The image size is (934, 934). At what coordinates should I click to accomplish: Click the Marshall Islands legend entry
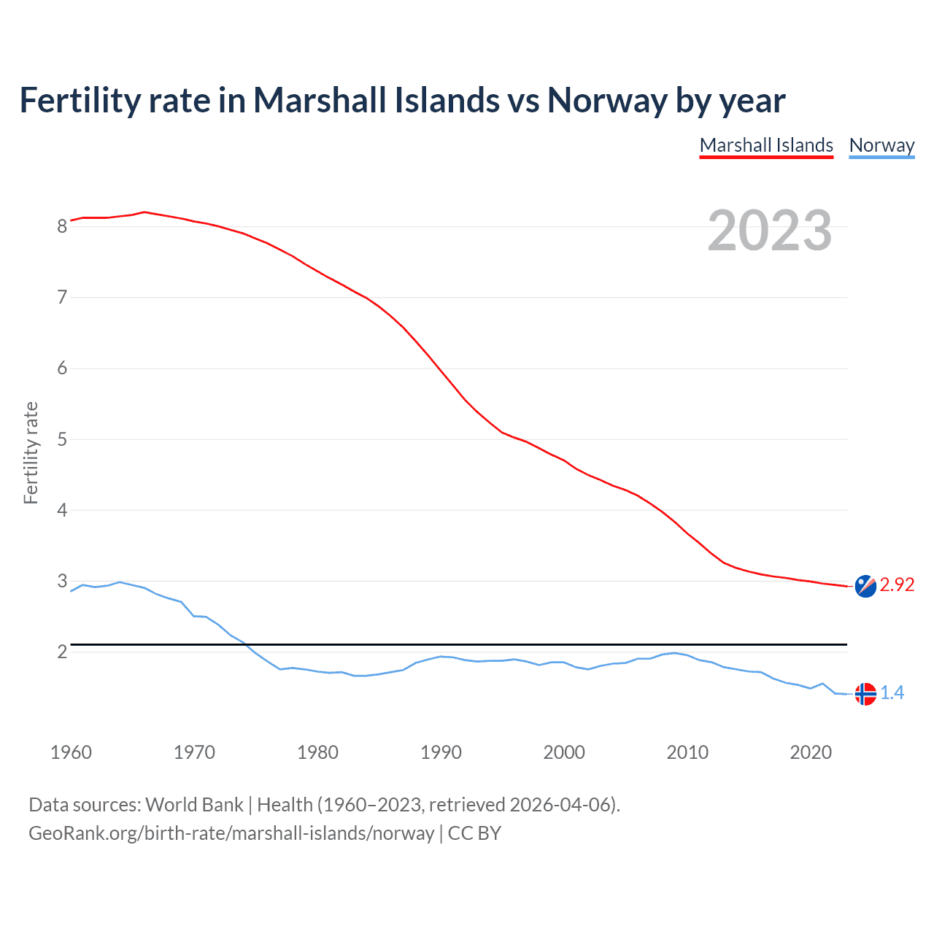(766, 145)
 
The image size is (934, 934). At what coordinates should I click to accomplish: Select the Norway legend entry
(881, 145)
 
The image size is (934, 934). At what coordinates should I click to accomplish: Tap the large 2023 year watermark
(769, 231)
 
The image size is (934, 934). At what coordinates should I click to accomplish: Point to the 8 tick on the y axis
(63, 226)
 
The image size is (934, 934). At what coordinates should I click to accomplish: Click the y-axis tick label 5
(63, 439)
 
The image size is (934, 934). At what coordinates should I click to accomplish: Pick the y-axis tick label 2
(63, 652)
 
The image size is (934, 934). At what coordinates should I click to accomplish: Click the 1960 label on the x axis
(71, 752)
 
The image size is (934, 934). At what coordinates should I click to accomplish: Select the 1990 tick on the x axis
(441, 752)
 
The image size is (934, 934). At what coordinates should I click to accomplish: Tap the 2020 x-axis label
(811, 752)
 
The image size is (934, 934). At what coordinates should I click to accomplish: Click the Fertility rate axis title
(31, 452)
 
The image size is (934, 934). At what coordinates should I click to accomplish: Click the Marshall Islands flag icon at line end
(865, 586)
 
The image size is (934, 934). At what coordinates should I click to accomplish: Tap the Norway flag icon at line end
(865, 694)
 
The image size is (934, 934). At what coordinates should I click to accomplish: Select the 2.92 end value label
(897, 585)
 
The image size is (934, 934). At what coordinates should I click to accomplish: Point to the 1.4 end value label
(892, 693)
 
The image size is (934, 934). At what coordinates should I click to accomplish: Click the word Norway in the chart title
(607, 100)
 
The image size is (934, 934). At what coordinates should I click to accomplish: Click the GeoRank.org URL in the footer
(231, 833)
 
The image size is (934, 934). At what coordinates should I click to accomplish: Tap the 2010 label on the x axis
(687, 752)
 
